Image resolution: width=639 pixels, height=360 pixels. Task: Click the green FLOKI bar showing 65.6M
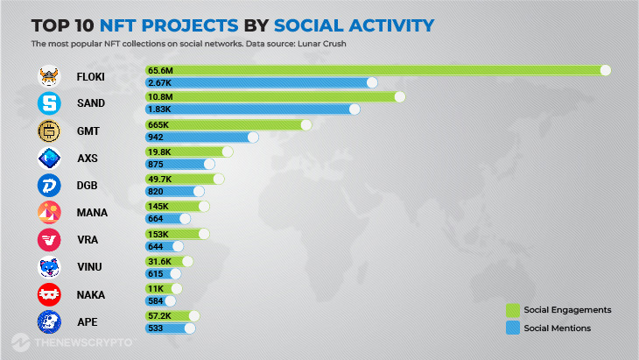pos(376,70)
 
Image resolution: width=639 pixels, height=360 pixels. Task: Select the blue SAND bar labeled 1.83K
pos(249,109)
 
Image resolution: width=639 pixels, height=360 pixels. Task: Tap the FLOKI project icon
pos(49,77)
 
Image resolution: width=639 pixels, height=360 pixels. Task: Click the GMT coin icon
pos(49,131)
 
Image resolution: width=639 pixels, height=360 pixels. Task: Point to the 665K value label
pos(159,125)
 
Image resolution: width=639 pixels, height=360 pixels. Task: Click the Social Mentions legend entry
pos(557,328)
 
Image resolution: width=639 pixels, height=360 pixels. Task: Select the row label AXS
pos(88,159)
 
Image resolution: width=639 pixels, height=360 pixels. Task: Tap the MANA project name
pos(92,213)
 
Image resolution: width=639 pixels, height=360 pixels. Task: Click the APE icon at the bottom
pos(49,322)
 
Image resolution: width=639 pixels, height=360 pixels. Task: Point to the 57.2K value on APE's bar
pos(161,316)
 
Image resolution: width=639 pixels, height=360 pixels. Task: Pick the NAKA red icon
pos(49,295)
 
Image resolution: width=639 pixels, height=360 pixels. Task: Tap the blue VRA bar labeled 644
pos(164,248)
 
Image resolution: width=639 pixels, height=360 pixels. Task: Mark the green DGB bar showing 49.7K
pos(183,180)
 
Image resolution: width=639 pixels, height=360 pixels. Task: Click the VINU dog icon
pos(49,268)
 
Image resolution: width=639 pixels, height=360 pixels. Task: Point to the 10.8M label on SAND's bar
pos(160,97)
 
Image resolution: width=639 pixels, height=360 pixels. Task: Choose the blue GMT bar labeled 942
pos(200,138)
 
